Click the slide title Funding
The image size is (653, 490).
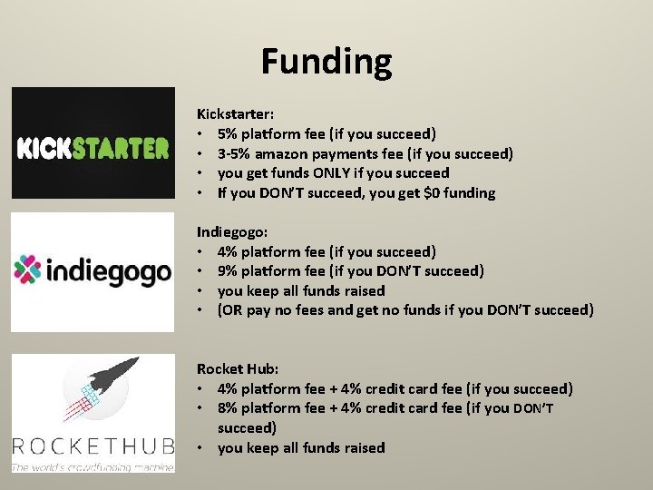pos(326,62)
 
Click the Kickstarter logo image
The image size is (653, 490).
pos(93,142)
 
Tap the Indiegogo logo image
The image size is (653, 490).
pos(93,270)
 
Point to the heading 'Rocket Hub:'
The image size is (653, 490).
pos(237,368)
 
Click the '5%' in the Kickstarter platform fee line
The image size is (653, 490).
pos(228,133)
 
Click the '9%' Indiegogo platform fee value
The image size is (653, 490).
pos(228,270)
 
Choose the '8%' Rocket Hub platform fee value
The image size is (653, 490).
pos(228,408)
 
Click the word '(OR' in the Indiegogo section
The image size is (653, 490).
pos(231,310)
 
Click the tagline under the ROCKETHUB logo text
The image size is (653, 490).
pos(93,466)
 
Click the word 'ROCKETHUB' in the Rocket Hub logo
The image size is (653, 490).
pos(93,446)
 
